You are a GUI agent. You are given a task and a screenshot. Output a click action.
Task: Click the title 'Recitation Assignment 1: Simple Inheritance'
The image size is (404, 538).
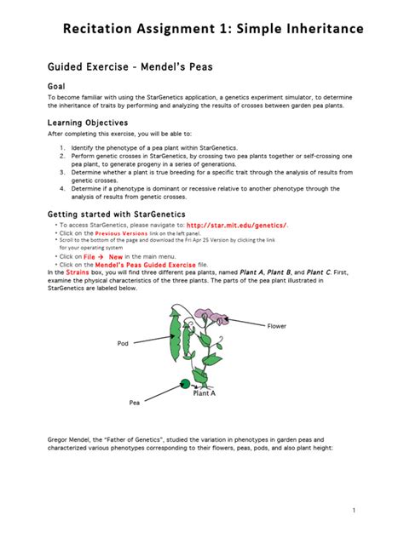coord(213,30)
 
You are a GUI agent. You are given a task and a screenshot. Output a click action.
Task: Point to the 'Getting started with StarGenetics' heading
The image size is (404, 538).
coord(116,214)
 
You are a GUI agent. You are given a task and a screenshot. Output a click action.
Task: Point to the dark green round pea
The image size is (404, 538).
coord(183,384)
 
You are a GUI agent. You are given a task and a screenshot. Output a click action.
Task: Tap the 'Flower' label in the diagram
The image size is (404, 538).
coord(277,326)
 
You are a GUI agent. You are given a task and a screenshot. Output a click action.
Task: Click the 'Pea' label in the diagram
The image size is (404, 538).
coord(134,402)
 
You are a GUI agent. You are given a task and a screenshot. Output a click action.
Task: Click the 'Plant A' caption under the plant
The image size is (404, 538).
coord(204,393)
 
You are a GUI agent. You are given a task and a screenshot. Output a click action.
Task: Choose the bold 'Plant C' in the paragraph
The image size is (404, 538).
coord(315,272)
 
